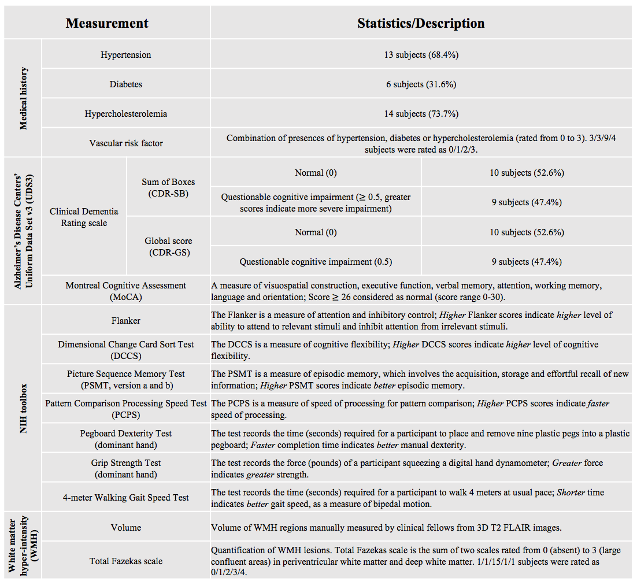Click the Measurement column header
tap(107, 23)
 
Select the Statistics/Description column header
tap(421, 23)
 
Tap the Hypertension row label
tap(126, 55)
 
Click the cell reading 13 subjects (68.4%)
tap(421, 55)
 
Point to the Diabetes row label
tap(126, 84)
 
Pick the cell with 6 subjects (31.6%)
tap(421, 84)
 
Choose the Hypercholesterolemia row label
tap(126, 114)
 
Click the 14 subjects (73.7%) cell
tap(421, 114)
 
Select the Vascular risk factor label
tap(126, 143)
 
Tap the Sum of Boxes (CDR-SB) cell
tap(168, 188)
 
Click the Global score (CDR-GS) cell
tap(168, 247)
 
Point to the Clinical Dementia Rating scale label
tap(84, 217)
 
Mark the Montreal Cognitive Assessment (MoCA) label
tap(126, 291)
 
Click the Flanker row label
tap(126, 321)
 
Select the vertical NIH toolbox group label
tap(24, 409)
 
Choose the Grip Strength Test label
tap(126, 468)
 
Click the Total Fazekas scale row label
tap(126, 561)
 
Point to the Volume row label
tap(126, 527)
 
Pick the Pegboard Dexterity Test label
tap(126, 439)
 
